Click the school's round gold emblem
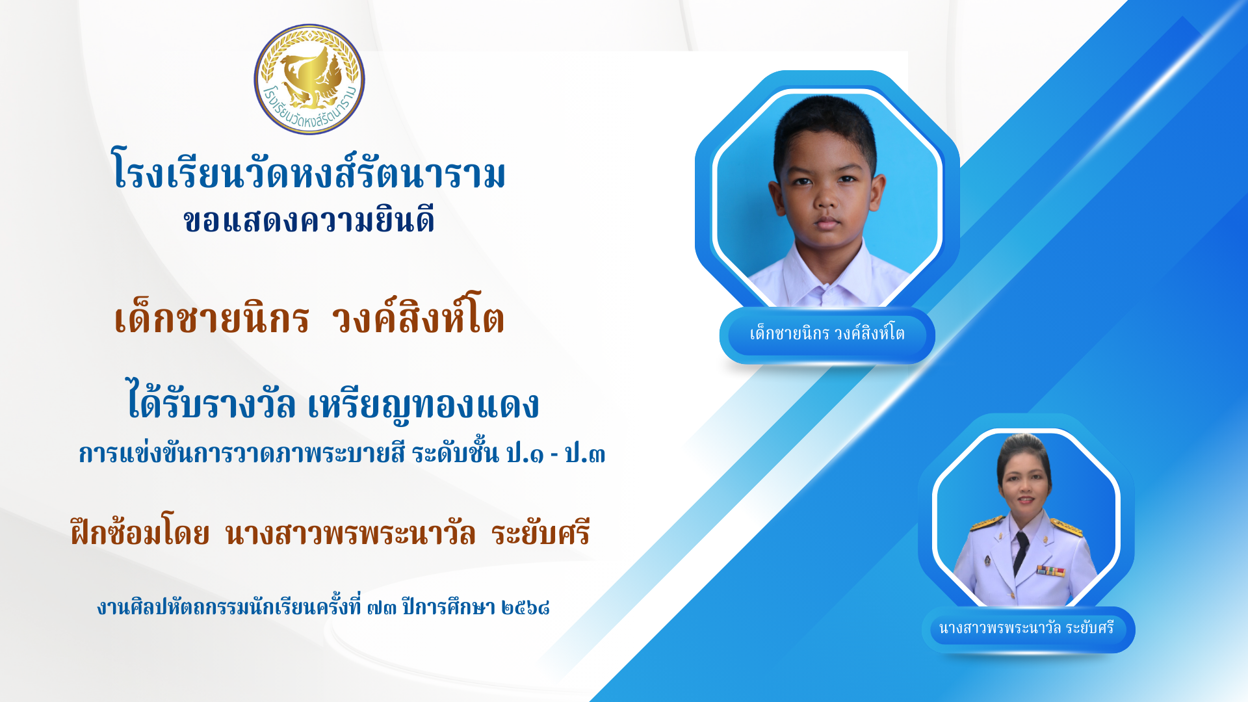coord(309,79)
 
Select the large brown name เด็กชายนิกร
coord(212,318)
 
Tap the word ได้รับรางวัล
coord(211,401)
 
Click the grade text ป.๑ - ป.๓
coord(556,453)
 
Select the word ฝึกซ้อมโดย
coord(140,532)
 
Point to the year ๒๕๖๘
coord(526,608)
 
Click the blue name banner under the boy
coord(827,335)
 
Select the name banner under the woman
coord(1028,629)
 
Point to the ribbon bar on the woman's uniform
coord(1050,571)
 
